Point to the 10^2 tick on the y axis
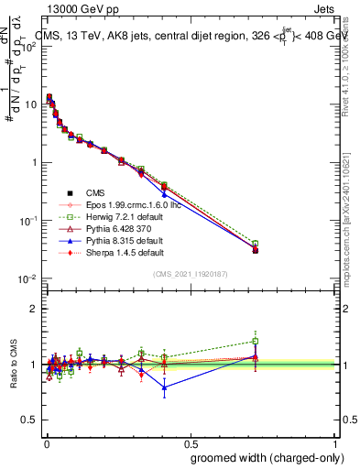(31, 46)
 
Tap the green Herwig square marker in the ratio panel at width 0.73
(256, 341)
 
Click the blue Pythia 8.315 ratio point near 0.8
(164, 387)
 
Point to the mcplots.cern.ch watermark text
(351, 229)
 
